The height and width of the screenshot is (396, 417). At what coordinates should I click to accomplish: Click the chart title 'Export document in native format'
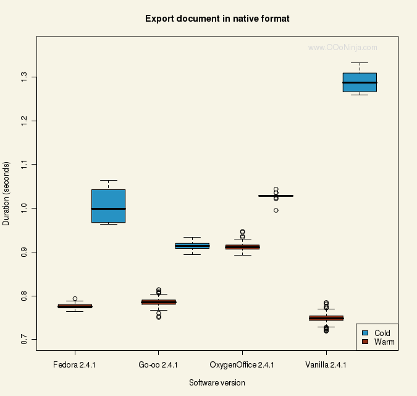[x=217, y=19]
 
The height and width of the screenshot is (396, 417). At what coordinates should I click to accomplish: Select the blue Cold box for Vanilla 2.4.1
[x=360, y=82]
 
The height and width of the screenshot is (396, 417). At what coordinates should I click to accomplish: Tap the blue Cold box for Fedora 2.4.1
[x=108, y=205]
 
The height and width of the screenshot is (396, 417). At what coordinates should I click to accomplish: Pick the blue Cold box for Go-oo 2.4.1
[x=192, y=246]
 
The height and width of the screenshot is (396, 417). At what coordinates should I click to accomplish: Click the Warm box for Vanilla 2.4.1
[x=326, y=318]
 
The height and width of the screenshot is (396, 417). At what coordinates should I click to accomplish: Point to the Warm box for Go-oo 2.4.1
[x=159, y=302]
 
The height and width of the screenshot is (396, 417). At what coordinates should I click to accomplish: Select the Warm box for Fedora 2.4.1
[x=75, y=306]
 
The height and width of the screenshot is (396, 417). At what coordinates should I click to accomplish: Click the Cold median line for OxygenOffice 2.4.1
[x=276, y=196]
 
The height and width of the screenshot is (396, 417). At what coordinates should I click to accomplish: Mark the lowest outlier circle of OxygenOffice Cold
[x=276, y=210]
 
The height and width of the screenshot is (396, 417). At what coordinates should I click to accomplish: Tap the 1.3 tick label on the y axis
[x=24, y=77]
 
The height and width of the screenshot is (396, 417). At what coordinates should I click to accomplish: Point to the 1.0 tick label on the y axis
[x=24, y=208]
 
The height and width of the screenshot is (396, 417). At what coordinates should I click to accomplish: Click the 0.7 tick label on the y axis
[x=24, y=340]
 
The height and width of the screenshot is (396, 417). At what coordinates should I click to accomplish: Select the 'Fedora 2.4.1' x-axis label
[x=75, y=365]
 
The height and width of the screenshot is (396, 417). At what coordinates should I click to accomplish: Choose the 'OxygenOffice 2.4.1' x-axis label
[x=242, y=365]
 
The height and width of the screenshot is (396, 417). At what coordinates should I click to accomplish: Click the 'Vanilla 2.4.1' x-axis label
[x=326, y=365]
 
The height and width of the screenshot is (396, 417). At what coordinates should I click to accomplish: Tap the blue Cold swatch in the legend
[x=365, y=333]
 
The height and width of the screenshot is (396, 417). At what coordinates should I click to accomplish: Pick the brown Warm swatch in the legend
[x=365, y=342]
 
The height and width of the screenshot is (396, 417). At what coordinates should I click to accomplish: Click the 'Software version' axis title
[x=217, y=383]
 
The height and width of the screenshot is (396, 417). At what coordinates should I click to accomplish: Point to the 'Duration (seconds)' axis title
[x=7, y=194]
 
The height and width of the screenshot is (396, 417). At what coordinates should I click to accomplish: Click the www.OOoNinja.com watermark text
[x=342, y=47]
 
